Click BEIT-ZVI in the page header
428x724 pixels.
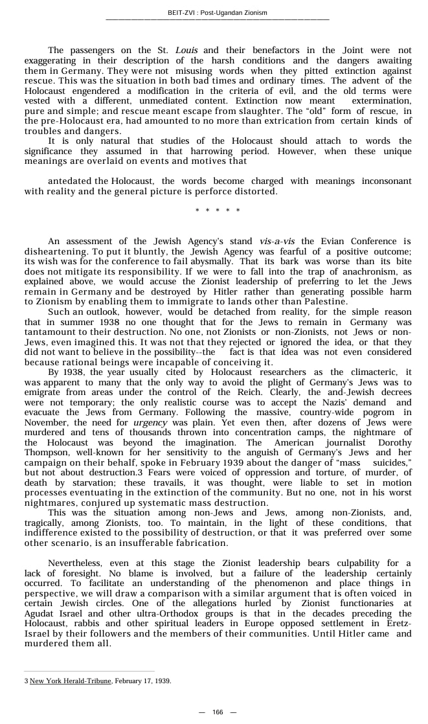click(x=180, y=13)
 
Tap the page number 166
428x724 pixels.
click(x=218, y=712)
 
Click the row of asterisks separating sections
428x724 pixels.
click(x=218, y=211)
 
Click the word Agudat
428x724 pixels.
click(x=45, y=614)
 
